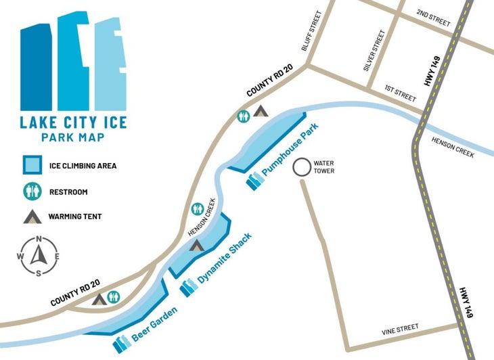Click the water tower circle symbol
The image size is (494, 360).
(301, 167)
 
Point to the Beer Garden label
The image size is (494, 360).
(155, 325)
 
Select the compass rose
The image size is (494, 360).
(39, 255)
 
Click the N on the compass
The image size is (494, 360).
(39, 238)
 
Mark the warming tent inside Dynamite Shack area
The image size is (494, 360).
(196, 245)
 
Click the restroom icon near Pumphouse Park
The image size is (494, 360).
(242, 116)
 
